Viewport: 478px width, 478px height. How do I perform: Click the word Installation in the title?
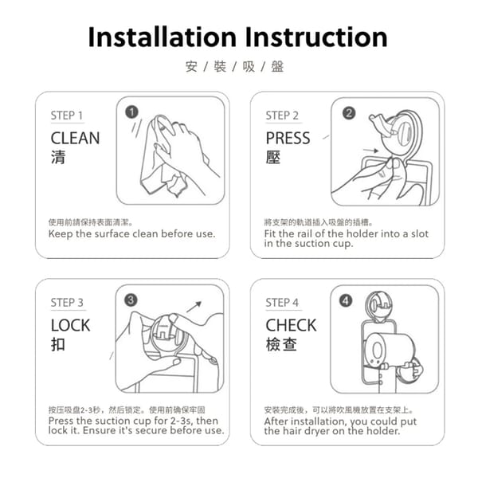(x=163, y=37)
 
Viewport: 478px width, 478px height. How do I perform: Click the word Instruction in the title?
(x=315, y=37)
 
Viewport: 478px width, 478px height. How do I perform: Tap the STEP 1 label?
(x=66, y=116)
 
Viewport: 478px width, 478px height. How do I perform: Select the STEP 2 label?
(x=282, y=116)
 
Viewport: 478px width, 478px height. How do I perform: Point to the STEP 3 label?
(x=67, y=303)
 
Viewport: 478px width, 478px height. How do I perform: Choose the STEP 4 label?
(x=282, y=303)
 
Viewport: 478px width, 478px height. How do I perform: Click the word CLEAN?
(x=76, y=138)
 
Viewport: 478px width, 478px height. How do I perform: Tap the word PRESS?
(x=288, y=138)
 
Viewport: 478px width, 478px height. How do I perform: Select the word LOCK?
(x=70, y=325)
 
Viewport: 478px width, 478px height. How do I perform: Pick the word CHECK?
(x=291, y=325)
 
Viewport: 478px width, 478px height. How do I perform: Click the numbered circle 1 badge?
(x=131, y=112)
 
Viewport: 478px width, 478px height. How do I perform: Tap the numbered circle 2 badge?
(x=349, y=113)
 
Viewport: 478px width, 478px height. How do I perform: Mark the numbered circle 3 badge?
(x=131, y=300)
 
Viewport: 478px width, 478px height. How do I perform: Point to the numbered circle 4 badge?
(x=346, y=301)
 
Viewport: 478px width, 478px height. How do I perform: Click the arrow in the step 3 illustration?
(x=194, y=307)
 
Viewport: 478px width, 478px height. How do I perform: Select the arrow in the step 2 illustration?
(x=371, y=151)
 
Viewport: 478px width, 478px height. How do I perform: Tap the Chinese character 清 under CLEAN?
(x=58, y=157)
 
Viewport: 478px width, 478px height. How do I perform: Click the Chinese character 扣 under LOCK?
(x=58, y=344)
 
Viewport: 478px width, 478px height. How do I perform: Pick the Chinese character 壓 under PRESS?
(x=273, y=157)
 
